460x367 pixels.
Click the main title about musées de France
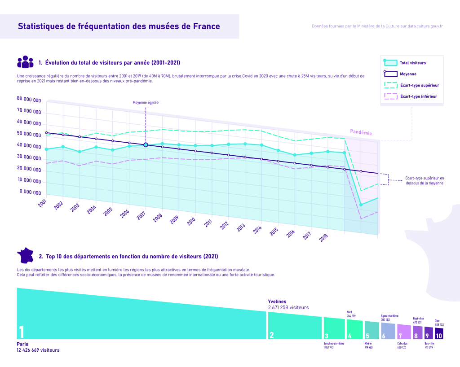(x=119, y=26)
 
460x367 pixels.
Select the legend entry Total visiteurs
(x=412, y=63)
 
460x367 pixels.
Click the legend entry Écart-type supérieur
(x=419, y=85)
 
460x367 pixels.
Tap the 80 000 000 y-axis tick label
(x=29, y=100)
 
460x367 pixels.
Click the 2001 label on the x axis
(x=42, y=203)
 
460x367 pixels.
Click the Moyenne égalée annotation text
(x=146, y=103)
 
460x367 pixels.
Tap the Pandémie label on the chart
(x=361, y=132)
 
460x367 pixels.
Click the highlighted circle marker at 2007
(x=146, y=145)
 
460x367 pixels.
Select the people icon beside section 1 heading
(x=25, y=62)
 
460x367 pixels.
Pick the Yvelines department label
(x=277, y=301)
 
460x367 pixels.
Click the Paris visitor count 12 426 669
(x=38, y=350)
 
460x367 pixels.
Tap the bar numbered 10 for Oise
(x=439, y=334)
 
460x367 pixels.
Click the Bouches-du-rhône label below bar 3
(x=334, y=344)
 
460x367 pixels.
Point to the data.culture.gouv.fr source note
(x=377, y=26)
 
